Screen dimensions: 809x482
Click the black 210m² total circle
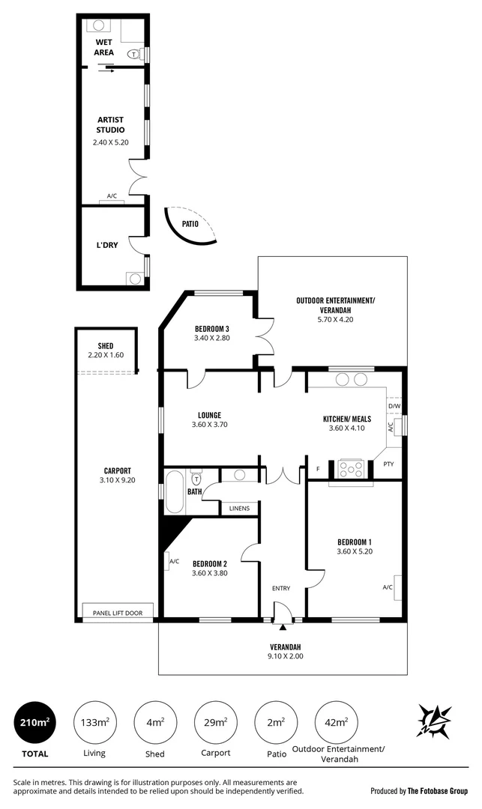[34, 722]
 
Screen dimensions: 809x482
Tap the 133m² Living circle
[94, 722]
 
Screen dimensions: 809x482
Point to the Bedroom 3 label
[212, 328]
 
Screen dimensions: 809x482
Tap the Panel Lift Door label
[118, 613]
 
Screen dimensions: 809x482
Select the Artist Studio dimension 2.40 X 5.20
[110, 142]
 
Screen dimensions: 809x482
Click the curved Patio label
[190, 223]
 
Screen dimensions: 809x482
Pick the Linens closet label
[238, 509]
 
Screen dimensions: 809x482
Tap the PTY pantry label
[388, 464]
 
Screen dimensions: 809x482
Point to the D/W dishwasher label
[394, 406]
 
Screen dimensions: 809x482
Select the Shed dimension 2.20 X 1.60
[105, 355]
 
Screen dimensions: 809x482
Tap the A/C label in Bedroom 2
[174, 561]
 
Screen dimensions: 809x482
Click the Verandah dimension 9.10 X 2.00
[286, 656]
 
